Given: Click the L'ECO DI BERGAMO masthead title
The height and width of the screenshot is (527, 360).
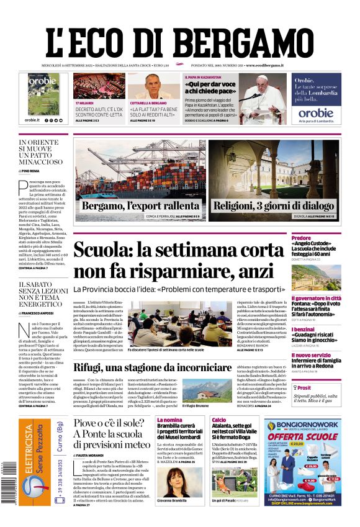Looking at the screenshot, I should (x=180, y=41).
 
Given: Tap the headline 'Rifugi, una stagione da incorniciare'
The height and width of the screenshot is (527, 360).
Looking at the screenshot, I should (x=153, y=367).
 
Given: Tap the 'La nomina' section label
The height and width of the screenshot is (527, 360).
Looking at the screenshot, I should (x=169, y=420).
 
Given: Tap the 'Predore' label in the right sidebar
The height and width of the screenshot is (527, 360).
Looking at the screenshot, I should (x=319, y=238).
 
